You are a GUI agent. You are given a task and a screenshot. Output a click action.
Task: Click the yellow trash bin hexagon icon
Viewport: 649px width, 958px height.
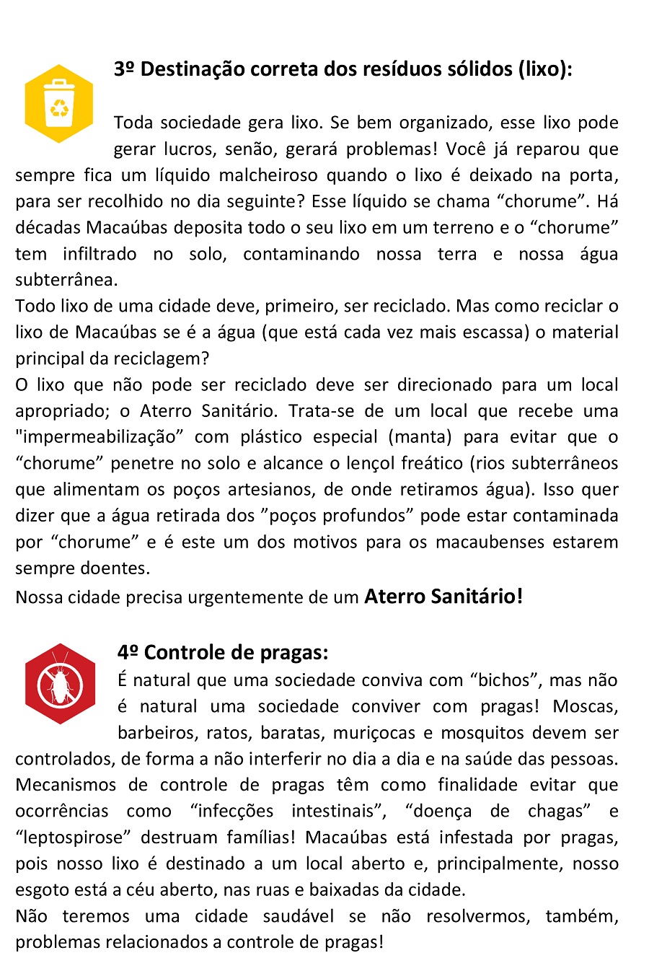(x=58, y=104)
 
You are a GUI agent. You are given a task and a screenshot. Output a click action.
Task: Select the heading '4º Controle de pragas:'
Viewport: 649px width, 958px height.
(x=223, y=652)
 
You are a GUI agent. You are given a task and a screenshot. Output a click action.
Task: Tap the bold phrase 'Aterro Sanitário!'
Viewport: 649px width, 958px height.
(x=443, y=596)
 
